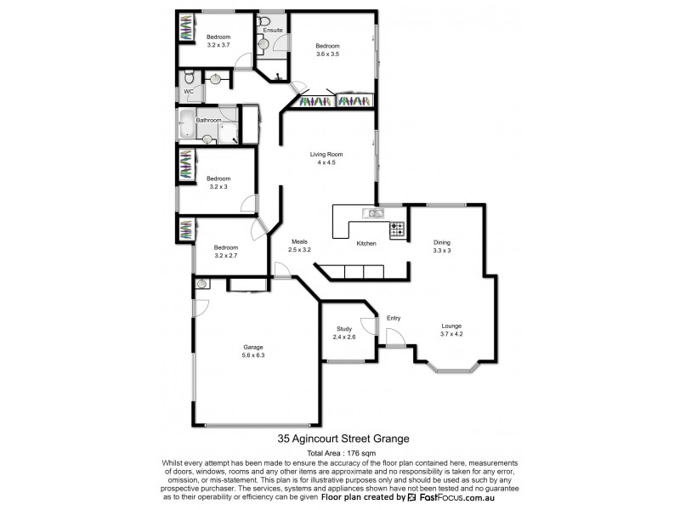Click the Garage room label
(253, 348)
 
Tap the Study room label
(343, 328)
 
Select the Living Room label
(328, 154)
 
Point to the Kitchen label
(366, 243)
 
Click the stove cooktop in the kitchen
(396, 229)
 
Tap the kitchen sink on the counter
(371, 212)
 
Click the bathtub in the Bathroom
(186, 124)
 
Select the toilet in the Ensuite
(263, 22)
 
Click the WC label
(189, 91)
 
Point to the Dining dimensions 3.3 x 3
(441, 251)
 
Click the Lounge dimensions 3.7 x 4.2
(451, 334)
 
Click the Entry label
(394, 318)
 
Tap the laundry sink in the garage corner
(201, 286)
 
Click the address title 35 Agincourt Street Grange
(343, 439)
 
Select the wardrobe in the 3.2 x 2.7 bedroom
(185, 229)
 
